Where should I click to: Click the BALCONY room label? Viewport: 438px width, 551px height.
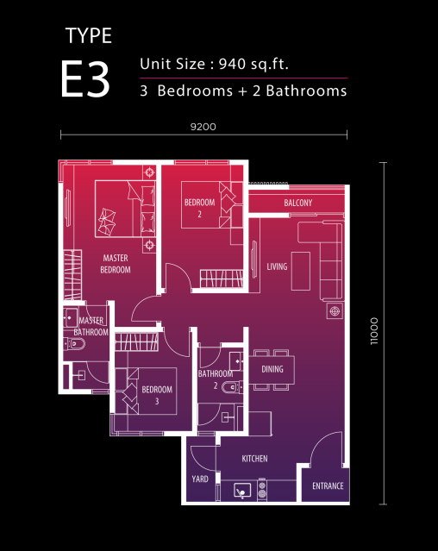(x=297, y=203)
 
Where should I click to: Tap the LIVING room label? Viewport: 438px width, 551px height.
(x=277, y=266)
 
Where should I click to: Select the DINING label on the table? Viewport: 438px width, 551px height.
(x=272, y=369)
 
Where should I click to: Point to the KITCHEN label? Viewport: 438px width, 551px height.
(x=254, y=459)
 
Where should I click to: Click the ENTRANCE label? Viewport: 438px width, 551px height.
(x=328, y=486)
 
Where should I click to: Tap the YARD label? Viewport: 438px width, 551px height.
(x=200, y=479)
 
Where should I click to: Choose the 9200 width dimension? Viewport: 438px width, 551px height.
(x=203, y=127)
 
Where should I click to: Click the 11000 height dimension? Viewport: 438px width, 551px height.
(x=374, y=331)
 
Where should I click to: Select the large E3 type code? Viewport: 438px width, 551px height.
(x=85, y=79)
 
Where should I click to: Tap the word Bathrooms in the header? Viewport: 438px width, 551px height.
(x=306, y=91)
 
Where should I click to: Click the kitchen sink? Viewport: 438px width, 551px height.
(x=242, y=491)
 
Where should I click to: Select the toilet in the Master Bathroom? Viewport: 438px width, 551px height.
(x=74, y=344)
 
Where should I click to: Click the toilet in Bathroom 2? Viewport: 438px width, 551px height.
(x=232, y=387)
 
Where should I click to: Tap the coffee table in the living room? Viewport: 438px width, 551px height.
(x=301, y=271)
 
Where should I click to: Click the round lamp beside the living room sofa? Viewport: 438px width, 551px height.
(x=335, y=311)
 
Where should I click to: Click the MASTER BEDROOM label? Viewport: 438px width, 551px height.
(x=116, y=264)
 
